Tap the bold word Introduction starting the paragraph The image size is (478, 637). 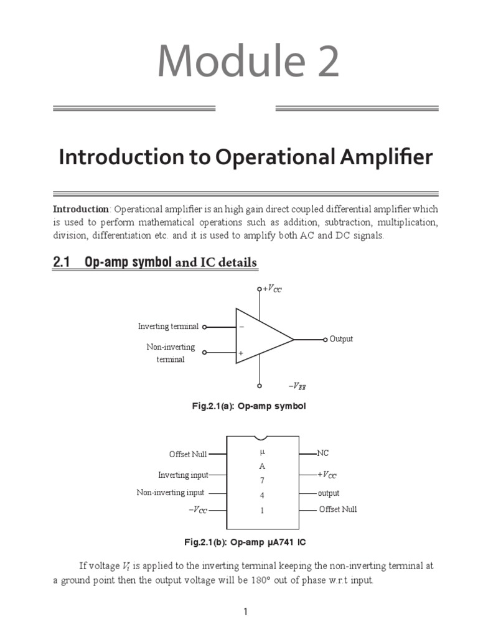[81, 208]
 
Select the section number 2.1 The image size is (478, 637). [61, 263]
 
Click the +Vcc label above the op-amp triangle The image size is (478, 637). [272, 289]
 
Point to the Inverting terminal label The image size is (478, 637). [168, 327]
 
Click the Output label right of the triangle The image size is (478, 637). [341, 339]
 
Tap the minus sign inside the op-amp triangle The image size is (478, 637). [241, 327]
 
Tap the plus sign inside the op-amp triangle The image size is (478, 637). [241, 353]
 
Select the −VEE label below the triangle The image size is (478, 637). [297, 386]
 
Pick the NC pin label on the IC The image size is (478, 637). [323, 453]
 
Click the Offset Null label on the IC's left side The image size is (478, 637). [188, 454]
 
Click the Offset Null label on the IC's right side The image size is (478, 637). [338, 509]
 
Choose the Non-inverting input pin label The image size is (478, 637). [170, 493]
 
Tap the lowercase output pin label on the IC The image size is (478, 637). [329, 493]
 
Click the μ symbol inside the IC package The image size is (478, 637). [263, 451]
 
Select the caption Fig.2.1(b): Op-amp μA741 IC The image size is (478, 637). [245, 542]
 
